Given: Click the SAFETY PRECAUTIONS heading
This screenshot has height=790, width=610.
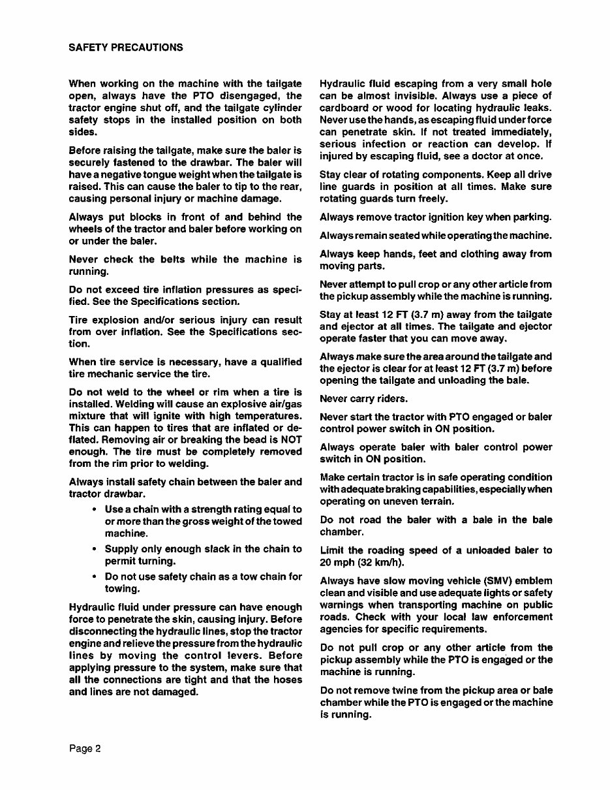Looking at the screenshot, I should tap(125, 48).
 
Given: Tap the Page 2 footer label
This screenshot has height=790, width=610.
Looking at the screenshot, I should tap(85, 749).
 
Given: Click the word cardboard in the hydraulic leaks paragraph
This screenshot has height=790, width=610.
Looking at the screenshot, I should tap(345, 108).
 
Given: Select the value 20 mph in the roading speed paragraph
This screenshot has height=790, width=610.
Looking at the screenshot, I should tap(337, 562).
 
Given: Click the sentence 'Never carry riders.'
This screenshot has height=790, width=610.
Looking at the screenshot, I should tap(363, 398).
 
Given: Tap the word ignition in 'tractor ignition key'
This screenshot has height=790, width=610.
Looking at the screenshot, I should tap(450, 217).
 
